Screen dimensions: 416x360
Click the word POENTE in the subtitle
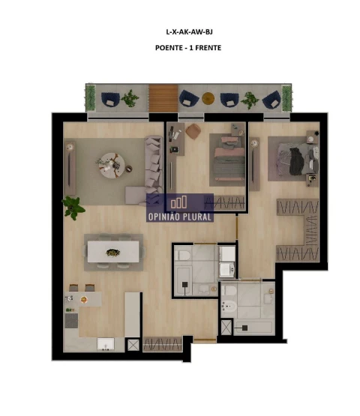167,48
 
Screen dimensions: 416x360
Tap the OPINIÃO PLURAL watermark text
180,217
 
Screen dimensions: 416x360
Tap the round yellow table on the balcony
207,97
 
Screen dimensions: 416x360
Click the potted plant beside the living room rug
73,204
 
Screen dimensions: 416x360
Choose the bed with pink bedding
226,159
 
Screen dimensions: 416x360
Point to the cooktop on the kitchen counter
71,321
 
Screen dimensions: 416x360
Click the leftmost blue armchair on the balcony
110,97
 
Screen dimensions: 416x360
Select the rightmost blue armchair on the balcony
271,98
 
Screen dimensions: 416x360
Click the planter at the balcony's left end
91,97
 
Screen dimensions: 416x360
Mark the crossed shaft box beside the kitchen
133,344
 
